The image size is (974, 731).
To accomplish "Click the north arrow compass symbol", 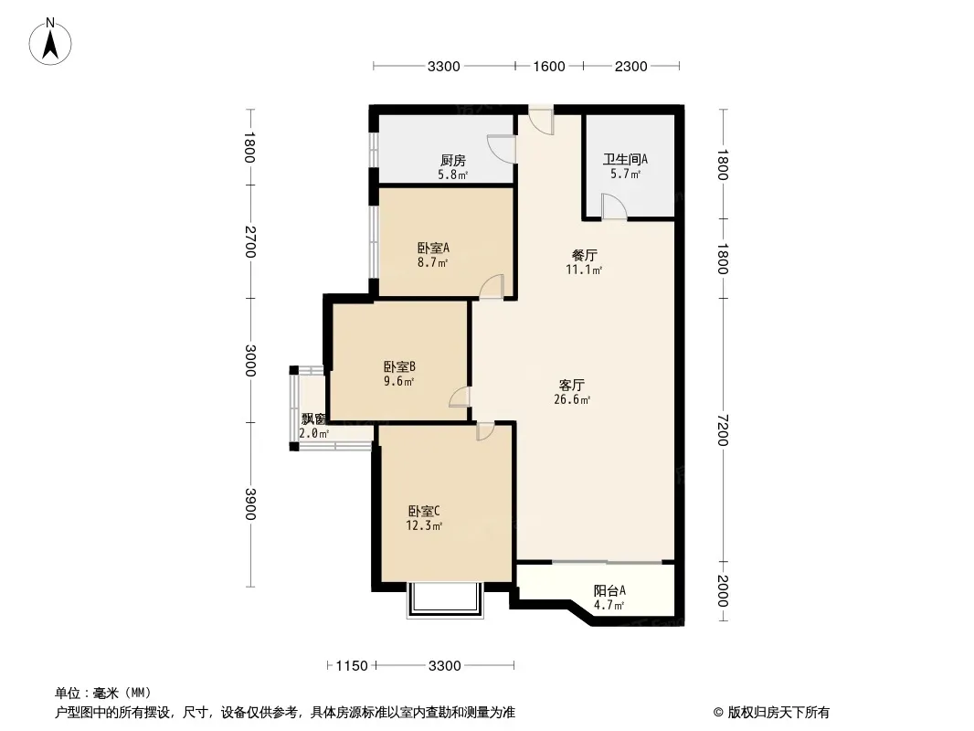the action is tap(50, 42).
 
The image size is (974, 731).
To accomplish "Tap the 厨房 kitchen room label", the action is tap(453, 161).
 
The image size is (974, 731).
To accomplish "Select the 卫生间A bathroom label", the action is tap(625, 160).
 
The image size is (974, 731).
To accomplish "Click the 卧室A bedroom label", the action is tap(433, 248).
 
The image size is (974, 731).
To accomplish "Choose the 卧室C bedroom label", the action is tap(424, 511).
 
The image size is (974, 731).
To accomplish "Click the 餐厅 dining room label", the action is tap(584, 255).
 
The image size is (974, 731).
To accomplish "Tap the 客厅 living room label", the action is tap(571, 385).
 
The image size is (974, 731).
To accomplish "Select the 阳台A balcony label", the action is tap(609, 590).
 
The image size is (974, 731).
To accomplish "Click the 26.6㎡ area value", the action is tap(571, 400).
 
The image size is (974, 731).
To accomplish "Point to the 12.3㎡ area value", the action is tap(424, 526).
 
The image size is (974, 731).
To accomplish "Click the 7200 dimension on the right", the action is tap(723, 429).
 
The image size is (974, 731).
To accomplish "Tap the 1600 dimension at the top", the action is tap(549, 67).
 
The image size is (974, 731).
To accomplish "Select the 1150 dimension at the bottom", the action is tap(352, 666).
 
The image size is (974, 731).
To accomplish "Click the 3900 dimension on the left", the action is tap(249, 503).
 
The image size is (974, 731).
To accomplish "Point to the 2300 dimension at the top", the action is tap(631, 67).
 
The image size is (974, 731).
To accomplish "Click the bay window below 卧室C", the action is tap(445, 600).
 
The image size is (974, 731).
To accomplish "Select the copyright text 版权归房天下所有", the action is tap(778, 713).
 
